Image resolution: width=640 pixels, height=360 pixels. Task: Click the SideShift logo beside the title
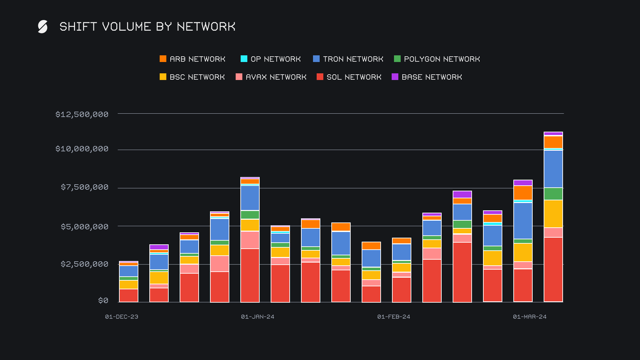point(43,27)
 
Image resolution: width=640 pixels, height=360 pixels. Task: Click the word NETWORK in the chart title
point(206,27)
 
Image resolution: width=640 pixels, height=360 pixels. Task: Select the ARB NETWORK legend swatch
point(163,59)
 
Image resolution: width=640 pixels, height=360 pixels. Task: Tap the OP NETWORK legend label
point(276,59)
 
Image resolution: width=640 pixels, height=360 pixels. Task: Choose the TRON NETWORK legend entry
point(348,59)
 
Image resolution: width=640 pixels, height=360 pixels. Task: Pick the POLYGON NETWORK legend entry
point(437,59)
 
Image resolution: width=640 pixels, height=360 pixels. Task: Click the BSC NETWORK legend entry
point(192,77)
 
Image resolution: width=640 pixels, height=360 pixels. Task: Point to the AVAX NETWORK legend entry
point(271,77)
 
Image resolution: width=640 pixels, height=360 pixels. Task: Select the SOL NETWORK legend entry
point(349,77)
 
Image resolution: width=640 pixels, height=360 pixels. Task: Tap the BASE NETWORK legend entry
point(427,77)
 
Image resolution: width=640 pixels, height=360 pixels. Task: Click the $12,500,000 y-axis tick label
point(82,114)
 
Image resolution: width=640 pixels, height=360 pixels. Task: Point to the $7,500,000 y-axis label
point(85,187)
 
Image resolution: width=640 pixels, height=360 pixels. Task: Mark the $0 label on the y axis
point(103,300)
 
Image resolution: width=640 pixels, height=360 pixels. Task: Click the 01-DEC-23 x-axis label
point(122,317)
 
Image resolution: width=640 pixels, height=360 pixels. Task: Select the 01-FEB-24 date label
point(394,317)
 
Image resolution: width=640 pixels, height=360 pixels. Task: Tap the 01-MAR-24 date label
point(530,317)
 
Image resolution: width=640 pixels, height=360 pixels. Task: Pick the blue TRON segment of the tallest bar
point(553,169)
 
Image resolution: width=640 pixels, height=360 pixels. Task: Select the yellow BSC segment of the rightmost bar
point(553,214)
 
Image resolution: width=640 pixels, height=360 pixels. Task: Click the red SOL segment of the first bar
point(129,295)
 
